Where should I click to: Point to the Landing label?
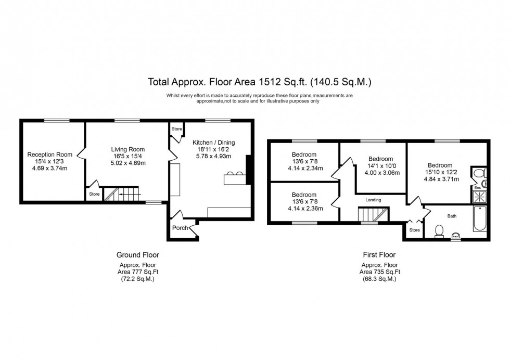(373, 199)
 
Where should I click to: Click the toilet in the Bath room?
(439, 229)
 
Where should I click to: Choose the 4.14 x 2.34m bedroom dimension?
(304, 168)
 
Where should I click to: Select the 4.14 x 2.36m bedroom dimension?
(304, 208)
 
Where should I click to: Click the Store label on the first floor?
(414, 230)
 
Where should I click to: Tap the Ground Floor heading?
(137, 255)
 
